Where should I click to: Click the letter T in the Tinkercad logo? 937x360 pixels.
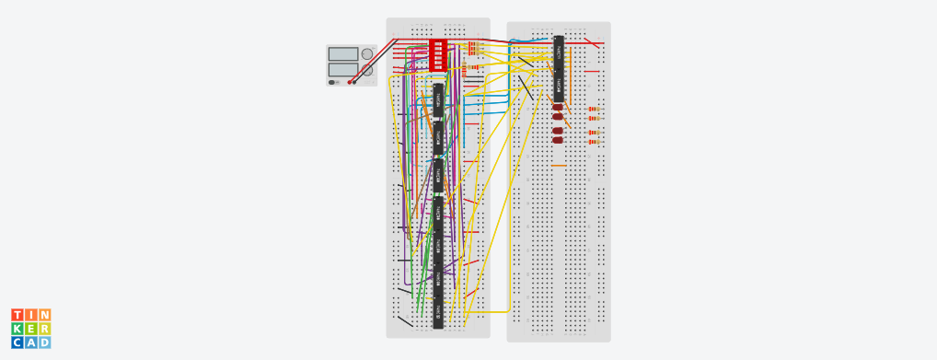[x=17, y=316]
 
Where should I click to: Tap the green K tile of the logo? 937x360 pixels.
[x=17, y=329]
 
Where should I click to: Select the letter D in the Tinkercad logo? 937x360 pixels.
[x=44, y=343]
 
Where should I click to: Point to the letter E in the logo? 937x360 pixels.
[x=31, y=329]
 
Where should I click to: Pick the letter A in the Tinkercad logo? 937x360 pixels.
[x=31, y=343]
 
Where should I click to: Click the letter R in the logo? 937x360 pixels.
[x=44, y=329]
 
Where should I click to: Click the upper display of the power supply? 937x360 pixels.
[x=342, y=54]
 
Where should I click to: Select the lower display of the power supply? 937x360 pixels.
[x=342, y=69]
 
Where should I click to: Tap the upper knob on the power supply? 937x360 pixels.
[x=367, y=54]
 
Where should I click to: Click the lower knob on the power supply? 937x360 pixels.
[x=367, y=70]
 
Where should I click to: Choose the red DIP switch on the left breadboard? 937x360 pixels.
[x=438, y=54]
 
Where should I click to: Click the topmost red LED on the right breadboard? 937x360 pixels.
[x=558, y=108]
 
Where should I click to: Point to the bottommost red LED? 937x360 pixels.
[x=558, y=141]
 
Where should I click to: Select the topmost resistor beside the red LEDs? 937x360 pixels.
[x=595, y=109]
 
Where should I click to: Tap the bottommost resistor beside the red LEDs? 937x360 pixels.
[x=595, y=142]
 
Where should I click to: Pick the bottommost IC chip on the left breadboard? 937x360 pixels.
[x=439, y=313]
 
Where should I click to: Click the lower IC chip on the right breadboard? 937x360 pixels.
[x=559, y=86]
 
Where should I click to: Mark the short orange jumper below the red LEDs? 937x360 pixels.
[x=559, y=167]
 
